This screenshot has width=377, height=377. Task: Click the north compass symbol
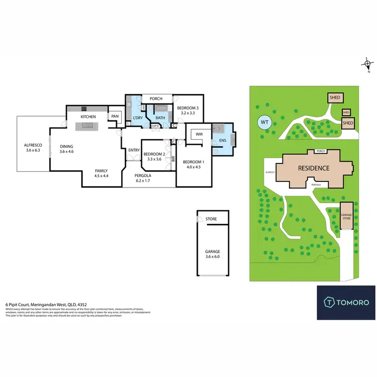[x=368, y=64]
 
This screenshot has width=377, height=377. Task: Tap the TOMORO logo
[x=346, y=302]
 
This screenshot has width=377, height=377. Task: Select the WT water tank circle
[x=264, y=122]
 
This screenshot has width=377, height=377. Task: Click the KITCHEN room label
[x=88, y=117]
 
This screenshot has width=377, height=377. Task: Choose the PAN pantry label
[x=115, y=117]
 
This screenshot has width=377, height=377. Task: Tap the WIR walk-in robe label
[x=199, y=134]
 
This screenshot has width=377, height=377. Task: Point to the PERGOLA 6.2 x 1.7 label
[x=143, y=178]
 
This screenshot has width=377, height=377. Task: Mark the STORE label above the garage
[x=212, y=219]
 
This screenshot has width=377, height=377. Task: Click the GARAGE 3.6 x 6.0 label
[x=212, y=254]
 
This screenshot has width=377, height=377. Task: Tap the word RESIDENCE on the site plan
[x=313, y=168]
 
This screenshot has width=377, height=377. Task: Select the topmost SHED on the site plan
[x=335, y=98]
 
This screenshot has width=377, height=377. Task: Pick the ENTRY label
[x=134, y=150]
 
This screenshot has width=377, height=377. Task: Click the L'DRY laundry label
[x=137, y=118]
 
